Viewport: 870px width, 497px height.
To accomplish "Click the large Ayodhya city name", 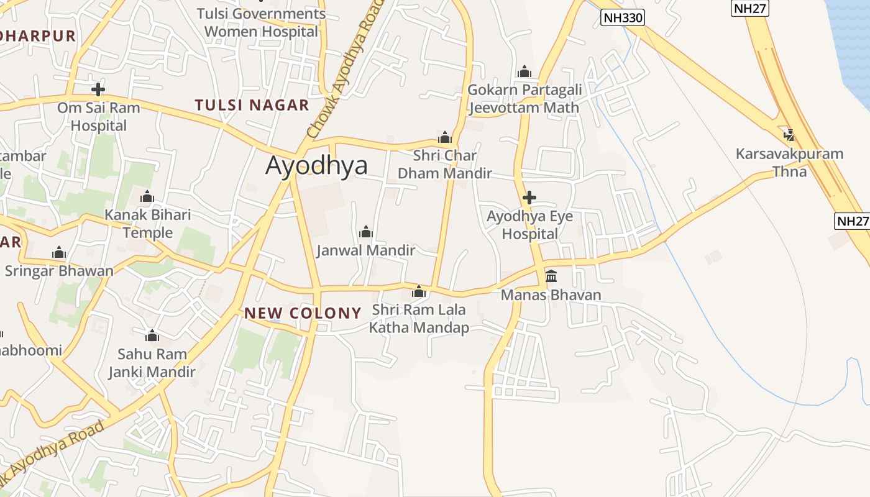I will [316, 166].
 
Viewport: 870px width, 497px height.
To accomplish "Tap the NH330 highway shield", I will [623, 18].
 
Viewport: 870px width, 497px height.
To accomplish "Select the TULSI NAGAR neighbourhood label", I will [252, 105].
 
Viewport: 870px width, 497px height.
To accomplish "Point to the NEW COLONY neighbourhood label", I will [303, 313].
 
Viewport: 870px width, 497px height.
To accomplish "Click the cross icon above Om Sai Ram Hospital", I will [98, 89].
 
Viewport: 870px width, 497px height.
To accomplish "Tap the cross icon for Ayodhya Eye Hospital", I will [529, 198].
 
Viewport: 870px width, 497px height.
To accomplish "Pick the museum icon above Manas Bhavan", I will [551, 276].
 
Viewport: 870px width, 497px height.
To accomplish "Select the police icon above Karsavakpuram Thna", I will [789, 134].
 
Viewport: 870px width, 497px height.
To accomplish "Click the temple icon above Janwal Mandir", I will [366, 232].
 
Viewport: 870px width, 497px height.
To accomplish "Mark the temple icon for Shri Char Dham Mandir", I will [445, 137].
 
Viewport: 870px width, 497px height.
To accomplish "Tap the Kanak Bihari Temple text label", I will [147, 224].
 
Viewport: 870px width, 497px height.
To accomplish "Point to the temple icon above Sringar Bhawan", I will [59, 252].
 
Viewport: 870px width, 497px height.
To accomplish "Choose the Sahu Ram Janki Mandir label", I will [152, 363].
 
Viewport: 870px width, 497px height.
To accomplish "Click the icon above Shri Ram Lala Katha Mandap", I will [419, 291].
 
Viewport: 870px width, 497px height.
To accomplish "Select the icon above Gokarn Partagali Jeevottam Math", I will [524, 72].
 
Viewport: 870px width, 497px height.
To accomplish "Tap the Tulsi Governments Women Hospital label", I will [261, 22].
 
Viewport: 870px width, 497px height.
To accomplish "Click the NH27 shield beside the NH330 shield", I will [751, 8].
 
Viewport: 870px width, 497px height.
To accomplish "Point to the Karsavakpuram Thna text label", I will [789, 162].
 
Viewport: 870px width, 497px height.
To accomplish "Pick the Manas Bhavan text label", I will [551, 294].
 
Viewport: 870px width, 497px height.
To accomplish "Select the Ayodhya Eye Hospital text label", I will [529, 225].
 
